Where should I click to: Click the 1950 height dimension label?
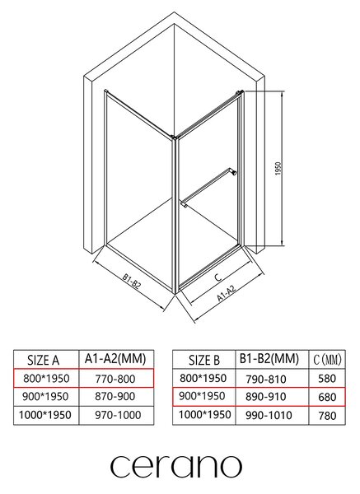click(x=278, y=169)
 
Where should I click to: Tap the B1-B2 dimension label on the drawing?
click(x=132, y=282)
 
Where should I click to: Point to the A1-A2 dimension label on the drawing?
click(x=227, y=293)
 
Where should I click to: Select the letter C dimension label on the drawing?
click(x=217, y=277)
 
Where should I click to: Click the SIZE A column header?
click(x=43, y=360)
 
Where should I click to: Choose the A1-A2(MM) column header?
click(x=115, y=358)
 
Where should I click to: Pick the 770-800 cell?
click(x=115, y=379)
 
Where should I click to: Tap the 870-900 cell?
click(x=115, y=396)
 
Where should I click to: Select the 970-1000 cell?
click(x=118, y=415)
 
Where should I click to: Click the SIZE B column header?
click(x=204, y=360)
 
